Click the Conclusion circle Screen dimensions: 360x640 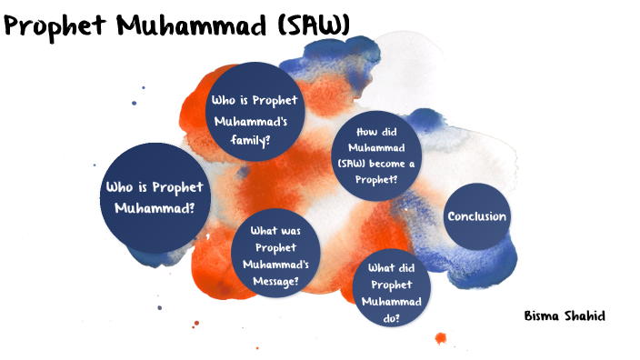pos(476,216)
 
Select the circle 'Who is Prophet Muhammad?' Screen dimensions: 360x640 pos(154,197)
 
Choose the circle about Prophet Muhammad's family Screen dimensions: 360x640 pos(253,118)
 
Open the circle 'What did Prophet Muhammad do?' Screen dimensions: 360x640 pos(392,287)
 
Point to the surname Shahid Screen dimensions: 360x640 pos(586,315)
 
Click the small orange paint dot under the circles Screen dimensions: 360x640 pos(441,337)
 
